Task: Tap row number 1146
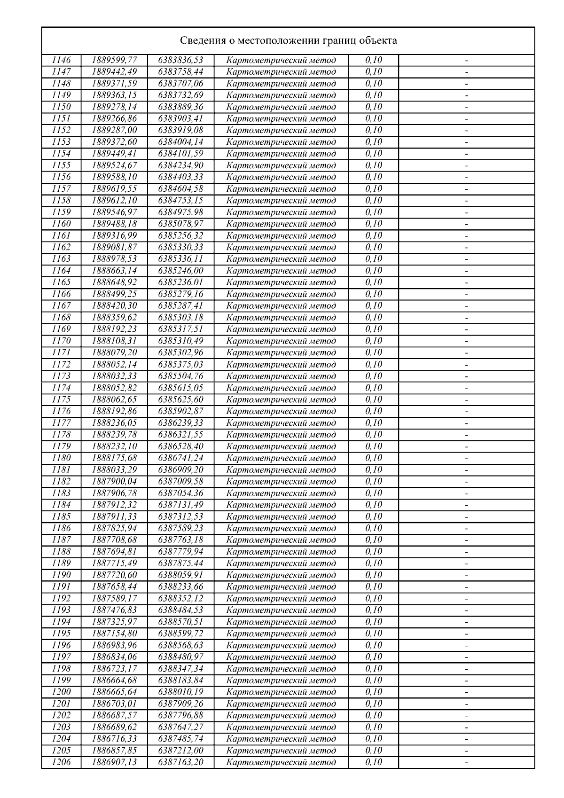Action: point(61,60)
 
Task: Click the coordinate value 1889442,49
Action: point(114,72)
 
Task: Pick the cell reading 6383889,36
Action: point(181,107)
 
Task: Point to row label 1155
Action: point(61,165)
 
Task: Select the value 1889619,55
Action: point(114,189)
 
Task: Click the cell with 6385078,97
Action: point(181,224)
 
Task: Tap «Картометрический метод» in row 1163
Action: point(281,259)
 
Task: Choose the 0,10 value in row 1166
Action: point(374,294)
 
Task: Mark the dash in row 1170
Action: point(467,341)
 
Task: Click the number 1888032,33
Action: point(114,376)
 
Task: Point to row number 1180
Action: point(61,458)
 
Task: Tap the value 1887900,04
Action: point(114,482)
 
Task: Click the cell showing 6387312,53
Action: point(181,516)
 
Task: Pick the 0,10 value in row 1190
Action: point(374,575)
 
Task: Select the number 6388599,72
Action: point(181,634)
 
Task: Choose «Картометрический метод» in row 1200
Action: point(281,692)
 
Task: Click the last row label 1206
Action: point(61,762)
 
